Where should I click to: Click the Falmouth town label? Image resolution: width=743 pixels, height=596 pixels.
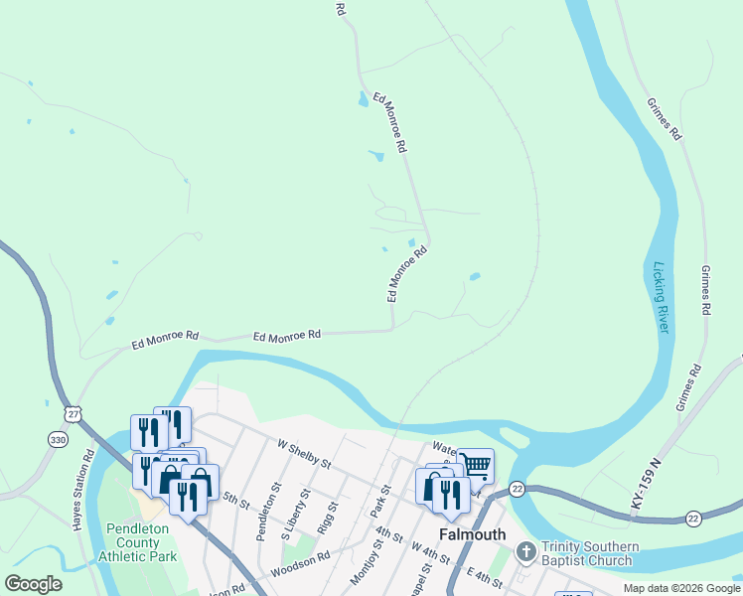(473, 534)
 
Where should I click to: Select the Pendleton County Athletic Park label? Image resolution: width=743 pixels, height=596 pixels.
(138, 542)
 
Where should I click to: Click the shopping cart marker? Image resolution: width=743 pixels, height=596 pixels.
(476, 465)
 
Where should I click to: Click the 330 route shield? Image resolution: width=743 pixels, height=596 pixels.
(57, 439)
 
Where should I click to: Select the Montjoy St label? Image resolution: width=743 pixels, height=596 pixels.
(361, 562)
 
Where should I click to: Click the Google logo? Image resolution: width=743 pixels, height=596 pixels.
(34, 584)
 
